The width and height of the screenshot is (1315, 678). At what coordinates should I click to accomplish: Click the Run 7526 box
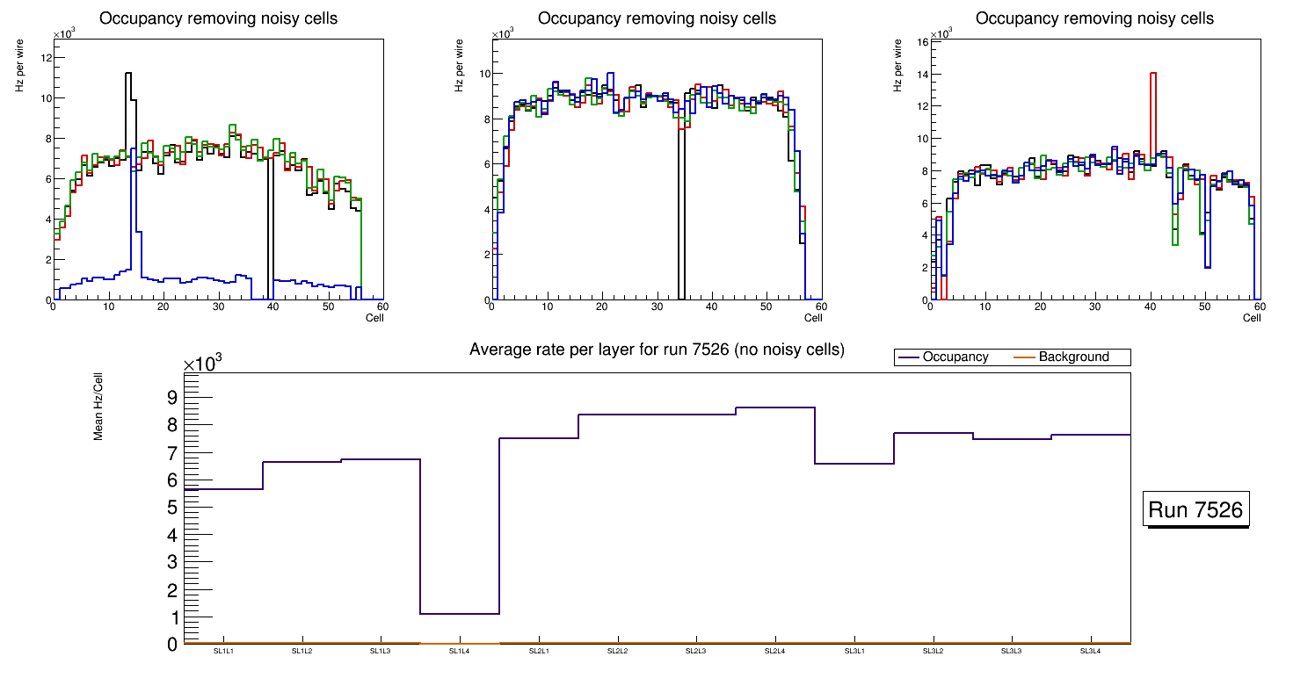tap(1196, 510)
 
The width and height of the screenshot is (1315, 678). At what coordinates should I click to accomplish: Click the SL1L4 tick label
tap(460, 652)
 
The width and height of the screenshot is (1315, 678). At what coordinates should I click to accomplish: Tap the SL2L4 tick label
tap(775, 652)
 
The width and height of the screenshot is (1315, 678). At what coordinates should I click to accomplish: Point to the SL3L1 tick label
tap(854, 652)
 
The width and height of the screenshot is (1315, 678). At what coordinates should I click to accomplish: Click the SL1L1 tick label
tap(223, 652)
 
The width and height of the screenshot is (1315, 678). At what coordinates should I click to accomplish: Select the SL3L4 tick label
tap(1091, 652)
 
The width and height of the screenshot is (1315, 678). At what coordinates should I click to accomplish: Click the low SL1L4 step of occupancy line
tap(460, 613)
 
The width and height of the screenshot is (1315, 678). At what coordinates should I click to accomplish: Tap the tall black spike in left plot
tap(128, 75)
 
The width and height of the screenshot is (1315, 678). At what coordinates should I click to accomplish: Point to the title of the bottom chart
tap(657, 350)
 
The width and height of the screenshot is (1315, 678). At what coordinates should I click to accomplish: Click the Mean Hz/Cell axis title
tap(99, 406)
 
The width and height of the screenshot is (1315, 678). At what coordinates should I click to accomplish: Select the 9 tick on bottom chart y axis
tap(171, 397)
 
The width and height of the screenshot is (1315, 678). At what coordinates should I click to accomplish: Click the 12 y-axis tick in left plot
tap(47, 58)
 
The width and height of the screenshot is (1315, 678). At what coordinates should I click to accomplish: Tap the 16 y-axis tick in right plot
tap(923, 42)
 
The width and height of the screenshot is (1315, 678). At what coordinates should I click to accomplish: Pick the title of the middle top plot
tap(657, 18)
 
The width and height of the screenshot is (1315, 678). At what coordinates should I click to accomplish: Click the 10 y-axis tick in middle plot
tap(483, 74)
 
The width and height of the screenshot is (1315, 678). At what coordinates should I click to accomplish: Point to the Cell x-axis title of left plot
tap(374, 317)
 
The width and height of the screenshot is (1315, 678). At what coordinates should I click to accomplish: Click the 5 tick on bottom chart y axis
tap(171, 508)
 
